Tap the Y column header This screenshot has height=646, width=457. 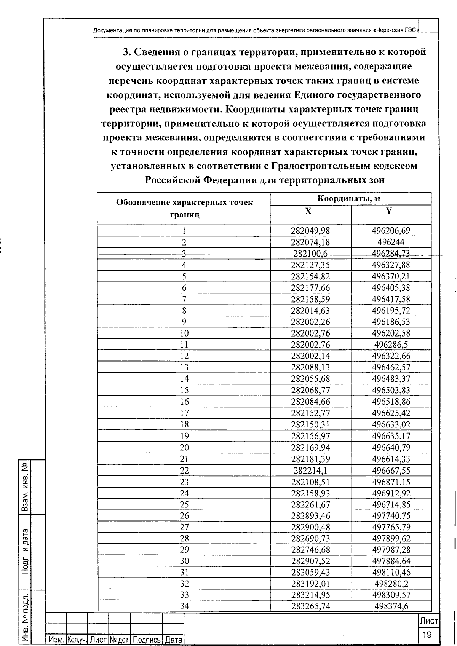point(389,211)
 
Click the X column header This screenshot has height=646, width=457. point(308,211)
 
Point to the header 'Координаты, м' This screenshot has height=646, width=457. point(349,199)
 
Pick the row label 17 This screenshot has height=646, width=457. point(184,413)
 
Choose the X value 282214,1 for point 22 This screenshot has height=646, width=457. point(311,471)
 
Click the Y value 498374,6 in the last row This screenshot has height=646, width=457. point(391,606)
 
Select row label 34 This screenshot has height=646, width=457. point(184,606)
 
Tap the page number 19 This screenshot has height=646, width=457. point(427,635)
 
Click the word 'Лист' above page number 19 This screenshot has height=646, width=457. point(429,621)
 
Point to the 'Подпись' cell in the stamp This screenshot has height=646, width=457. point(147,640)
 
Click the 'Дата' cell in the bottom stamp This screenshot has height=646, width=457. point(174,640)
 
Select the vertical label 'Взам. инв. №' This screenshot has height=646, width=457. point(25,487)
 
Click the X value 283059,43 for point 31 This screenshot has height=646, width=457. point(311,572)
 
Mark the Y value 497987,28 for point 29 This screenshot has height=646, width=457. point(391,550)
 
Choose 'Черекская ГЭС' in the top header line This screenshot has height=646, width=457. point(396,30)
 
